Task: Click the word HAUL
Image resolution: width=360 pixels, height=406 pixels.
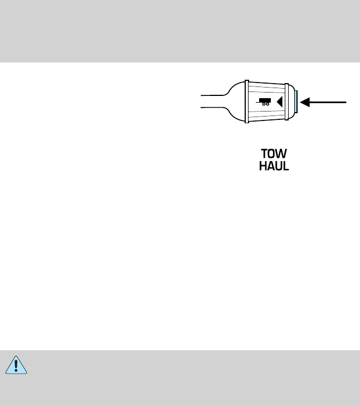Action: point(274,166)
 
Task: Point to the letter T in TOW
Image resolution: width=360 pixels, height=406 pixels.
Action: point(266,154)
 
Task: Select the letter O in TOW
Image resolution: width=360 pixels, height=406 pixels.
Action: point(274,154)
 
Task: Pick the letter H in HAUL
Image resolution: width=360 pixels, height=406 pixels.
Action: point(263,166)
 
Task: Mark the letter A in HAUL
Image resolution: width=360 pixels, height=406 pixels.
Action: point(271,166)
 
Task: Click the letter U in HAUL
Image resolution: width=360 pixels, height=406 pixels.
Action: point(279,166)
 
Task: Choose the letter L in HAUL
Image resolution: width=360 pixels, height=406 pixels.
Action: point(286,166)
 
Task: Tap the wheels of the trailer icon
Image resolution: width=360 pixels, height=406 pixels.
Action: point(265,104)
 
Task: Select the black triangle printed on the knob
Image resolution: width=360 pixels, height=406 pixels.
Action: point(280,102)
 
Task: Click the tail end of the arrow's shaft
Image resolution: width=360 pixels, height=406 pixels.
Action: point(346,102)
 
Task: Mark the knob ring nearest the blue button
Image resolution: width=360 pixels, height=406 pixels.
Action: point(289,102)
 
